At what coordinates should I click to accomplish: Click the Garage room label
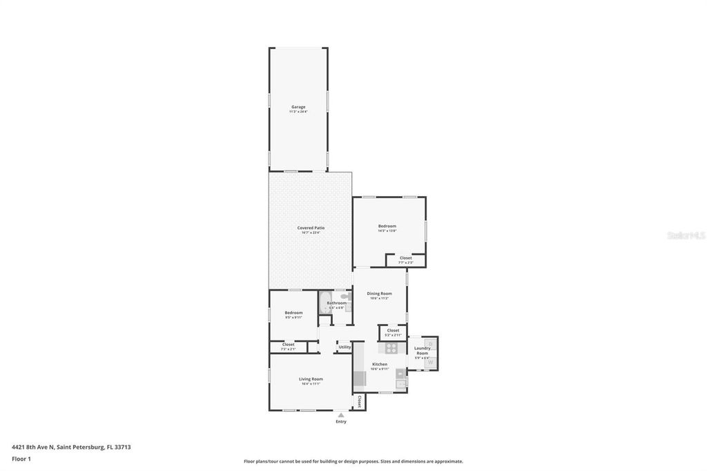click(x=298, y=107)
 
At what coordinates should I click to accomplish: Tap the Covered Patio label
click(x=311, y=228)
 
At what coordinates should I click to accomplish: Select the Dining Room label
click(x=379, y=294)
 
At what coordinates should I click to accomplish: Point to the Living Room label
click(x=311, y=379)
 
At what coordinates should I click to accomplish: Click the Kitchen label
click(x=380, y=364)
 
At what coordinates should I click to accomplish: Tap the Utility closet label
click(x=345, y=347)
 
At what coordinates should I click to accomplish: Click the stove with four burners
click(x=391, y=349)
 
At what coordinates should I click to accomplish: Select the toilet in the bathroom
click(x=345, y=296)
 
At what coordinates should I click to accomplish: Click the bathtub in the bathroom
click(x=325, y=303)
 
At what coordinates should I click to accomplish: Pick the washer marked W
click(x=430, y=361)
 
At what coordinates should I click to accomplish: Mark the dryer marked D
click(x=430, y=344)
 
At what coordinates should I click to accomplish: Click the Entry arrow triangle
click(x=340, y=415)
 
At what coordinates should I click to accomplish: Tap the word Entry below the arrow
click(x=341, y=421)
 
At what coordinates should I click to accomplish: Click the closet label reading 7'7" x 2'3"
click(x=406, y=258)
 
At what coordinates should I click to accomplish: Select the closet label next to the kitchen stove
click(x=393, y=331)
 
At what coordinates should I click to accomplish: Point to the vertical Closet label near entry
click(x=359, y=401)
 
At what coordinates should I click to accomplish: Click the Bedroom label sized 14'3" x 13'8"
click(x=387, y=227)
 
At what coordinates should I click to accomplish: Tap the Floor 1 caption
click(x=21, y=459)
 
